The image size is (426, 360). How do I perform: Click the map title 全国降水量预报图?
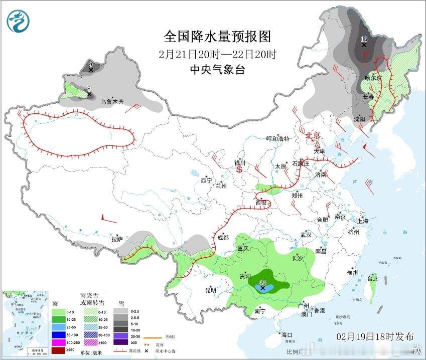click(217, 37)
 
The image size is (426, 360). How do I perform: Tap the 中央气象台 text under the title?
click(217, 70)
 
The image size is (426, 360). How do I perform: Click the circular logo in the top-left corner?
click(18, 21)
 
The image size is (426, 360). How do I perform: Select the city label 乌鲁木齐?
click(111, 102)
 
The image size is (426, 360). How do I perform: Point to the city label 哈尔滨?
click(374, 78)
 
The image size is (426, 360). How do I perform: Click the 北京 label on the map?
click(313, 135)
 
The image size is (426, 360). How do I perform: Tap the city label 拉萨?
click(117, 240)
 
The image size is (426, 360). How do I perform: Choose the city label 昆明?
click(210, 290)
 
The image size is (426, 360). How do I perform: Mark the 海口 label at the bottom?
click(287, 334)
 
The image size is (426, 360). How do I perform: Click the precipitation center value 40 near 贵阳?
click(262, 283)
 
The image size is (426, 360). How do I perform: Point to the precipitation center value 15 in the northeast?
click(364, 39)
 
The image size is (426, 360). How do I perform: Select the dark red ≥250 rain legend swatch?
click(58, 349)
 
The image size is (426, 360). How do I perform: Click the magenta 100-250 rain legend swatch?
click(58, 342)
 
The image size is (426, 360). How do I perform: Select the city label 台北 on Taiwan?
click(372, 279)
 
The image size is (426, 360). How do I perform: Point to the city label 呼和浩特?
click(277, 139)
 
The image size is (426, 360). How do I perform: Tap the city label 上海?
click(362, 221)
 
